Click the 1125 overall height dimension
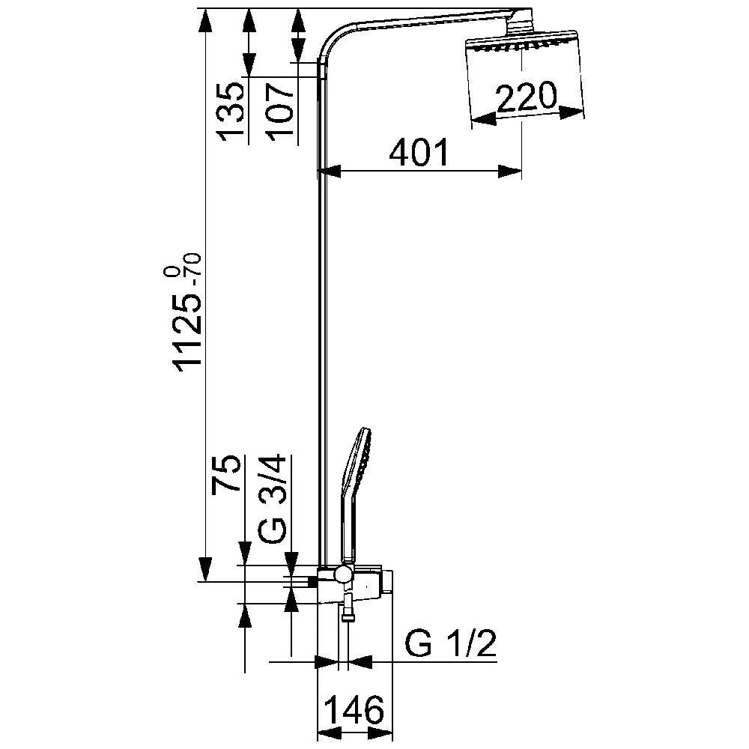coord(187,334)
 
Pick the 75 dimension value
coord(227,473)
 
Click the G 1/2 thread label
coord(450,645)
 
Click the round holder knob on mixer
coord(342,574)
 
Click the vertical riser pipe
coord(321,337)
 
